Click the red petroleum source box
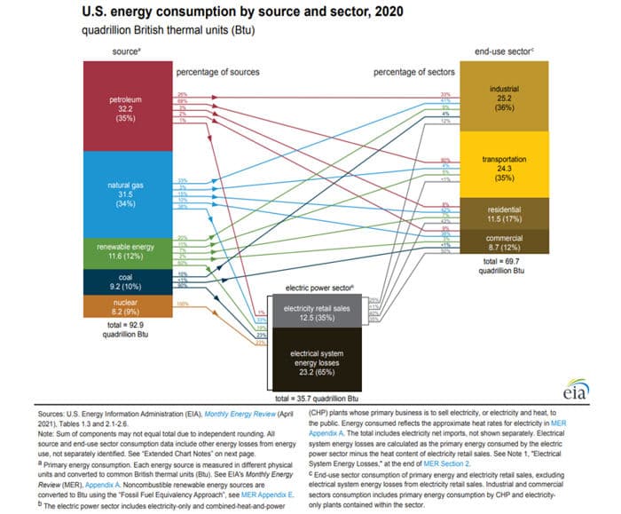point(125,105)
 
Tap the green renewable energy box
point(125,253)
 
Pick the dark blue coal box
point(125,281)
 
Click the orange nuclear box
point(125,307)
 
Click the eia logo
point(575,391)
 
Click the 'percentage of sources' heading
point(210,72)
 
